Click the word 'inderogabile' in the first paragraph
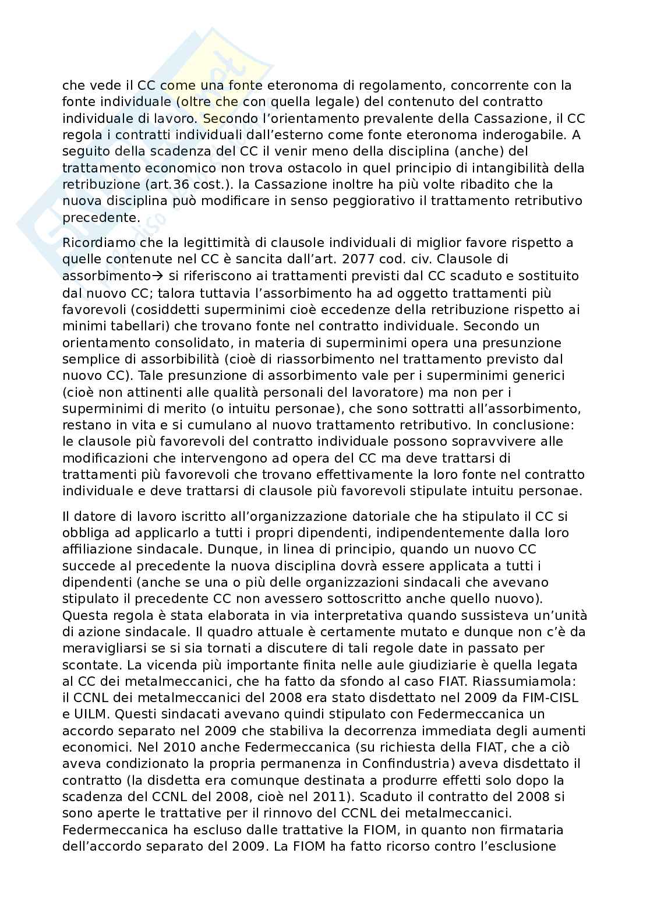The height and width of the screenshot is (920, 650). [x=527, y=135]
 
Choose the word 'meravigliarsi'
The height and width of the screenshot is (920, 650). [x=100, y=648]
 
